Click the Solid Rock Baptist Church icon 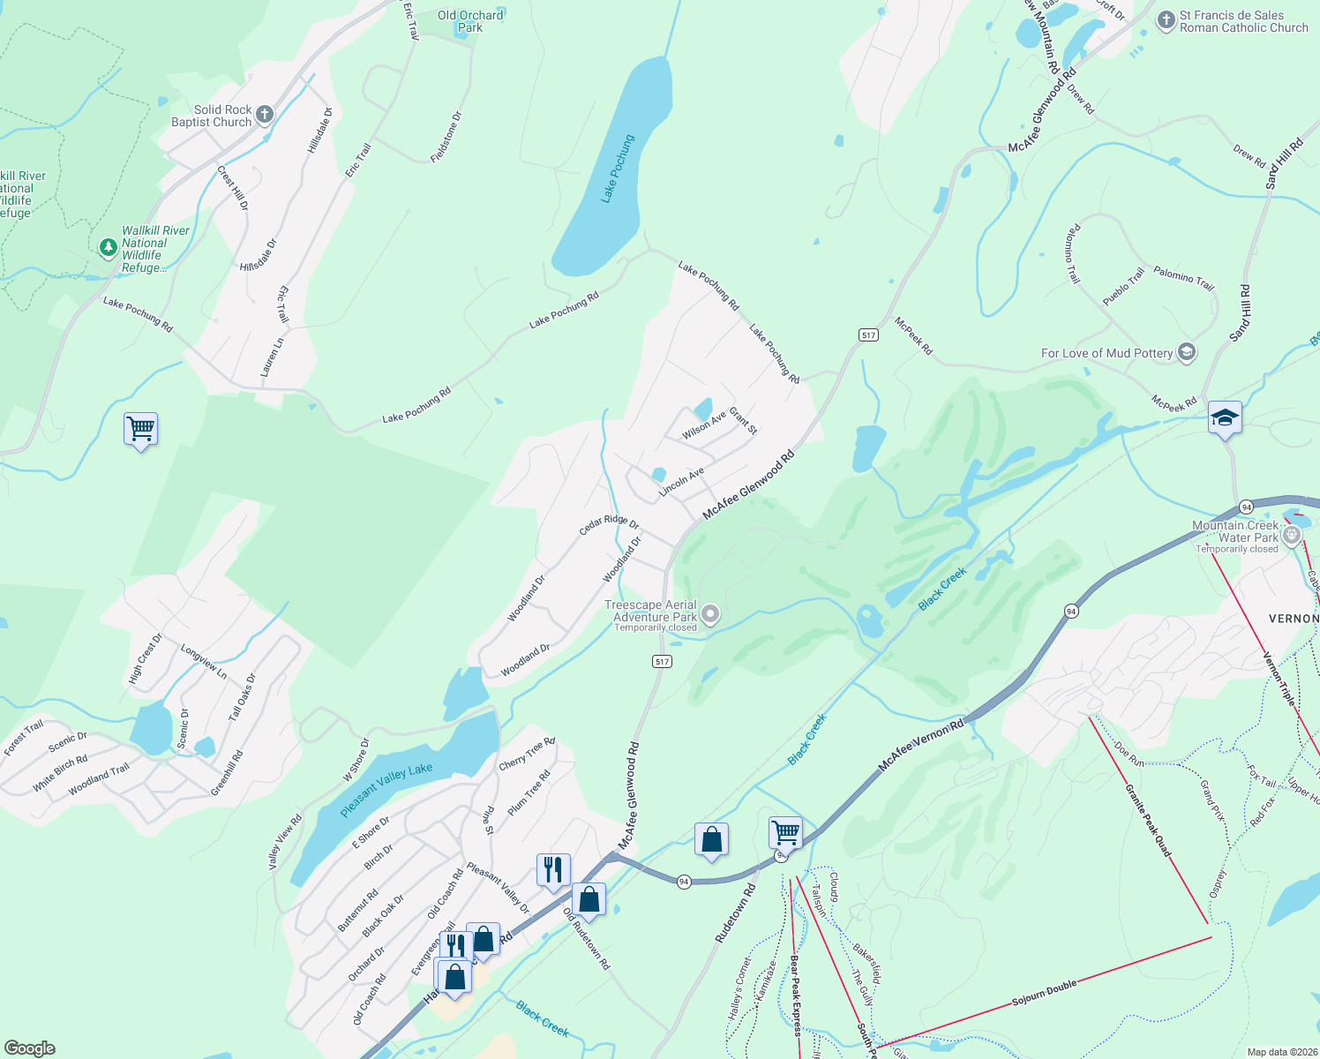tap(264, 115)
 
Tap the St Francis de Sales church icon tap(1166, 20)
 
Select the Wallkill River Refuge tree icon tap(109, 248)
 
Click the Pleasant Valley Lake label tap(386, 790)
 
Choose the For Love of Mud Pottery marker tap(1187, 353)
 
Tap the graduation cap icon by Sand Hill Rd tap(1225, 417)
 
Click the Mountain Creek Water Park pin tap(1293, 534)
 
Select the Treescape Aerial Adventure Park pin tap(709, 615)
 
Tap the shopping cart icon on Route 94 tap(785, 831)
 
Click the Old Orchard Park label tap(470, 21)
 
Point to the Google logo tap(30, 1048)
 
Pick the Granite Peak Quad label tap(1148, 820)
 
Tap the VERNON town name tap(1294, 619)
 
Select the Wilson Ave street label tap(703, 424)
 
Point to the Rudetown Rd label tap(735, 913)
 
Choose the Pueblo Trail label tap(1122, 287)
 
